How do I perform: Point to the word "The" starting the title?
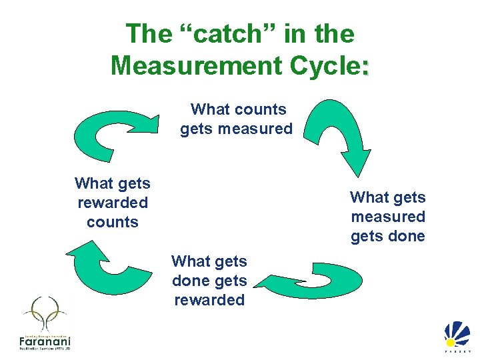pyautogui.click(x=149, y=33)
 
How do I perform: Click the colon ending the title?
pyautogui.click(x=365, y=68)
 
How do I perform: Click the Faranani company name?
pyautogui.click(x=44, y=341)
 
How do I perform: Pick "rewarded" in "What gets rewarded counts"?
pyautogui.click(x=113, y=202)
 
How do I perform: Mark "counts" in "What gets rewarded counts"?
pyautogui.click(x=113, y=221)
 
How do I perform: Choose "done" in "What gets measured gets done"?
pyautogui.click(x=408, y=236)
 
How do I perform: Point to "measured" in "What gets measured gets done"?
pyautogui.click(x=388, y=217)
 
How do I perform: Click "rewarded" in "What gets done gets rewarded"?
pyautogui.click(x=209, y=300)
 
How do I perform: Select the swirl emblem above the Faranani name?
pyautogui.click(x=44, y=313)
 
